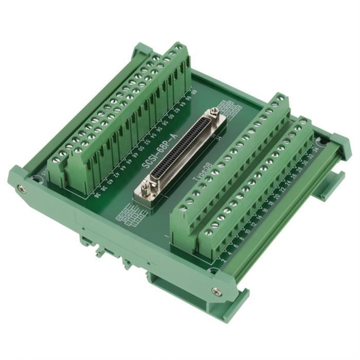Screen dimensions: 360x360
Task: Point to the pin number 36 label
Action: point(98,195)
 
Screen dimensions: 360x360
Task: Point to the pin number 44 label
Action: point(122,170)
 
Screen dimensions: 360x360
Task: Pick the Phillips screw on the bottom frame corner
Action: point(216,292)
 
